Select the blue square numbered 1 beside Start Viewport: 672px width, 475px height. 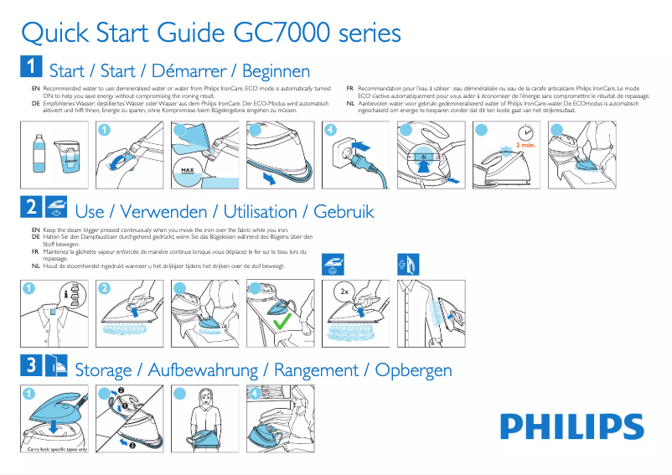(x=30, y=67)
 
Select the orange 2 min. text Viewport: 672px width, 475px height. (x=525, y=145)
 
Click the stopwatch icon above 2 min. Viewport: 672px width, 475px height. (x=525, y=132)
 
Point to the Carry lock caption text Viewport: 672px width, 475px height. (x=59, y=450)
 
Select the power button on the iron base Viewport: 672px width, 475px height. (x=423, y=156)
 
